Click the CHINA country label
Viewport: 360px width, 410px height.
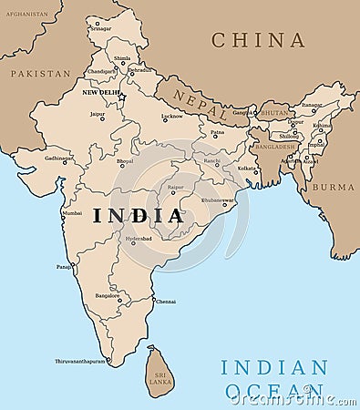(258, 40)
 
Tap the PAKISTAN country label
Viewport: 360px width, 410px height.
(40, 73)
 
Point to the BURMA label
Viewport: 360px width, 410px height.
(333, 186)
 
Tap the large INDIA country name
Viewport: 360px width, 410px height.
(138, 216)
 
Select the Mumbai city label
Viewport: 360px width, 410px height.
(71, 213)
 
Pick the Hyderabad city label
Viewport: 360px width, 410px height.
(139, 238)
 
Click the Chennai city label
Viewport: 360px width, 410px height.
(166, 301)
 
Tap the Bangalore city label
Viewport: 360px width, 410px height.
(108, 295)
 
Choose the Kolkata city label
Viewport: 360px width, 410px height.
(247, 168)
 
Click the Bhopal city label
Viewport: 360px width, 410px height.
(125, 161)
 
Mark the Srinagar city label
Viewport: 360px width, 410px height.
(101, 28)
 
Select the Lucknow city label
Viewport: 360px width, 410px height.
(171, 116)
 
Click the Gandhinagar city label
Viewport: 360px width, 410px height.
(59, 158)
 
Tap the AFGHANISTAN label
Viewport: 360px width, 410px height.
(26, 15)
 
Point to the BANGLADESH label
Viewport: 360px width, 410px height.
(275, 146)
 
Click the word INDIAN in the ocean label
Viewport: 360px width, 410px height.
(273, 368)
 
